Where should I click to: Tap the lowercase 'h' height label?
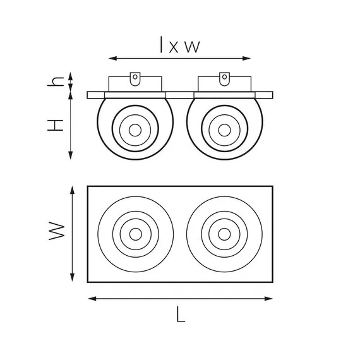coord(57,81)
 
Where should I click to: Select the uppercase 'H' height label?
coord(57,125)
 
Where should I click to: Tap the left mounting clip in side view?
coord(135,78)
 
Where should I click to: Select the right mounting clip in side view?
coord(224,78)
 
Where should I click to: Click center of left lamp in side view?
coord(135,129)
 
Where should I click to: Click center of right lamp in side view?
coord(224,129)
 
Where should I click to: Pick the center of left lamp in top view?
coord(135,234)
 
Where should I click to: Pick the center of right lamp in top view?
coord(224,234)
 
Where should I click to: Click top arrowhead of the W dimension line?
coord(73,189)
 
